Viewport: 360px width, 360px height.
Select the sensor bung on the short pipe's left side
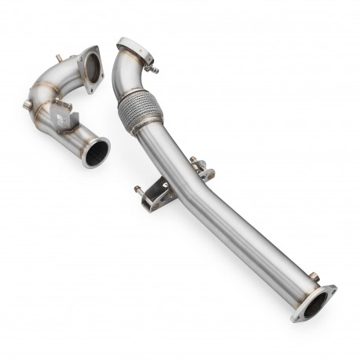pyautogui.click(x=28, y=105)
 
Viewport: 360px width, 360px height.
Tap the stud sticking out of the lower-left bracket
pyautogui.click(x=138, y=189)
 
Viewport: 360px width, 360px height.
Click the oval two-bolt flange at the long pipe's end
pyautogui.click(x=313, y=303)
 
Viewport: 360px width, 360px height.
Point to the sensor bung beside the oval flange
pyautogui.click(x=314, y=276)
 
